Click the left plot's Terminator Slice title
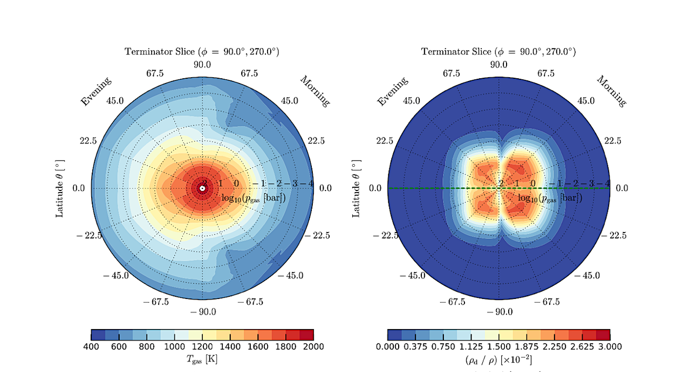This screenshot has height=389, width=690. click(x=202, y=52)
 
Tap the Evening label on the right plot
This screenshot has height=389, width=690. click(x=392, y=92)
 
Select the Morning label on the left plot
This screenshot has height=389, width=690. click(x=315, y=91)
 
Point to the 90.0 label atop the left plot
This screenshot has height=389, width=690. click(x=202, y=65)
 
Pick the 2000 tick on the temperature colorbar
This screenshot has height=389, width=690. click(x=313, y=346)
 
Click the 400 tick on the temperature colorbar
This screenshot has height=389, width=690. click(x=91, y=346)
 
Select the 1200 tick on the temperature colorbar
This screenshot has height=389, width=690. click(x=202, y=346)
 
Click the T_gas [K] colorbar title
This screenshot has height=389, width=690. click(x=202, y=360)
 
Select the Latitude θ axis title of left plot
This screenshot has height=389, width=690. click(x=59, y=188)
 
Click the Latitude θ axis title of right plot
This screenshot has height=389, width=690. click(x=356, y=188)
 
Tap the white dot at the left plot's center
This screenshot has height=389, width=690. click(x=202, y=188)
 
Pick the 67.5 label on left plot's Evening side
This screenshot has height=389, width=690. click(x=155, y=73)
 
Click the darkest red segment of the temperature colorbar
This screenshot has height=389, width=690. click(x=306, y=335)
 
